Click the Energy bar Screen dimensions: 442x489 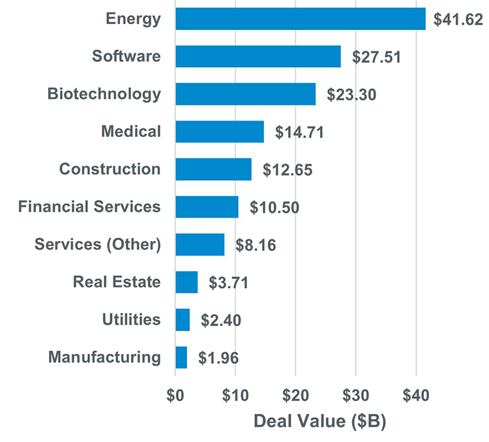coord(300,19)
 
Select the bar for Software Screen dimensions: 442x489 coord(258,57)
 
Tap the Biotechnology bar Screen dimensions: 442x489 coord(245,95)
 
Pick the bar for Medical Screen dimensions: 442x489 coord(220,132)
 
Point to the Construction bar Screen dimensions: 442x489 coord(213,169)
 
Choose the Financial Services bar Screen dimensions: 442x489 coord(207,207)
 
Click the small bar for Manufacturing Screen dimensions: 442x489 coord(181,358)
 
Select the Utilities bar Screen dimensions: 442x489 coord(183,320)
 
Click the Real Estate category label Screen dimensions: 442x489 coord(117,282)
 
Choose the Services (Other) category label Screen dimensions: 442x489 coord(97,244)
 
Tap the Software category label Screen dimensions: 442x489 coord(126,56)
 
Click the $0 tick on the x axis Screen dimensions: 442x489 coord(175,395)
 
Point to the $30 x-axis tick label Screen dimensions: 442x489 coord(355,395)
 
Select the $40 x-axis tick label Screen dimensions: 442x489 coord(415,395)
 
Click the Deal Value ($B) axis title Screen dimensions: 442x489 coord(319,421)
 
